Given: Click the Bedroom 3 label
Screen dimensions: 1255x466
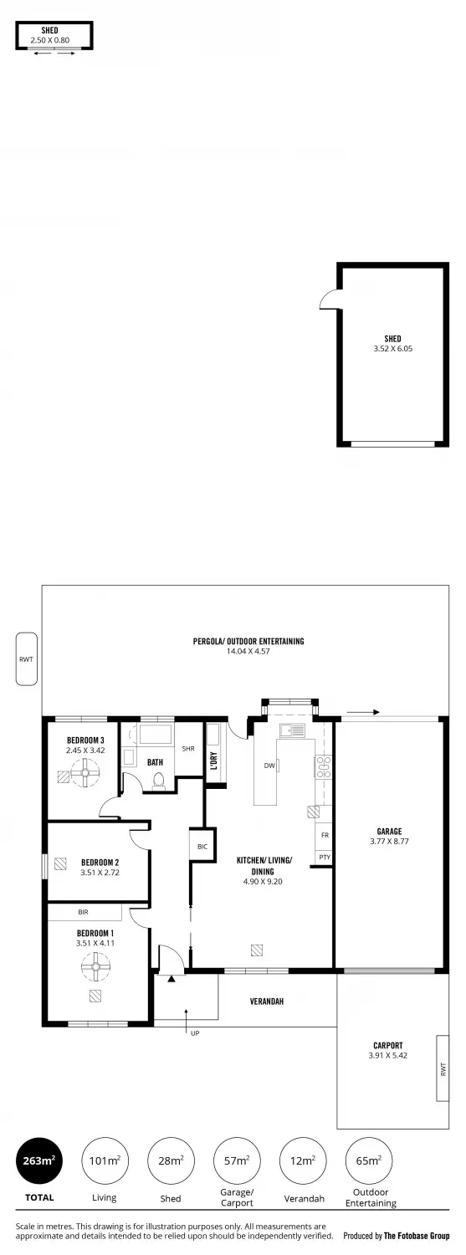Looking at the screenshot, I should [85, 740].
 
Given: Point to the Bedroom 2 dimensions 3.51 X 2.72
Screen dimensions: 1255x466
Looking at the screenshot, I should [100, 872].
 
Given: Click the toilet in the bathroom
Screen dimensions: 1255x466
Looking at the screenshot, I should [158, 781].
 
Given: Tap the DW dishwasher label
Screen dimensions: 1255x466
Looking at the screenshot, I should [269, 766].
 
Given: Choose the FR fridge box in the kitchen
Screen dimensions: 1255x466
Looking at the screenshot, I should [323, 836].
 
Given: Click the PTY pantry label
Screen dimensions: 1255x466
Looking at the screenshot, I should [323, 858].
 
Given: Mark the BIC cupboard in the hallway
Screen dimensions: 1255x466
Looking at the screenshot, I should [202, 847].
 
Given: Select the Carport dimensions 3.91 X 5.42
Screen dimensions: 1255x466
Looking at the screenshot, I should [387, 1056].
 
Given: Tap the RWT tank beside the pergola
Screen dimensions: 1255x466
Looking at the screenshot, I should [26, 659].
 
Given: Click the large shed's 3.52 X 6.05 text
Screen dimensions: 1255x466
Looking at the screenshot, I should [392, 349].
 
